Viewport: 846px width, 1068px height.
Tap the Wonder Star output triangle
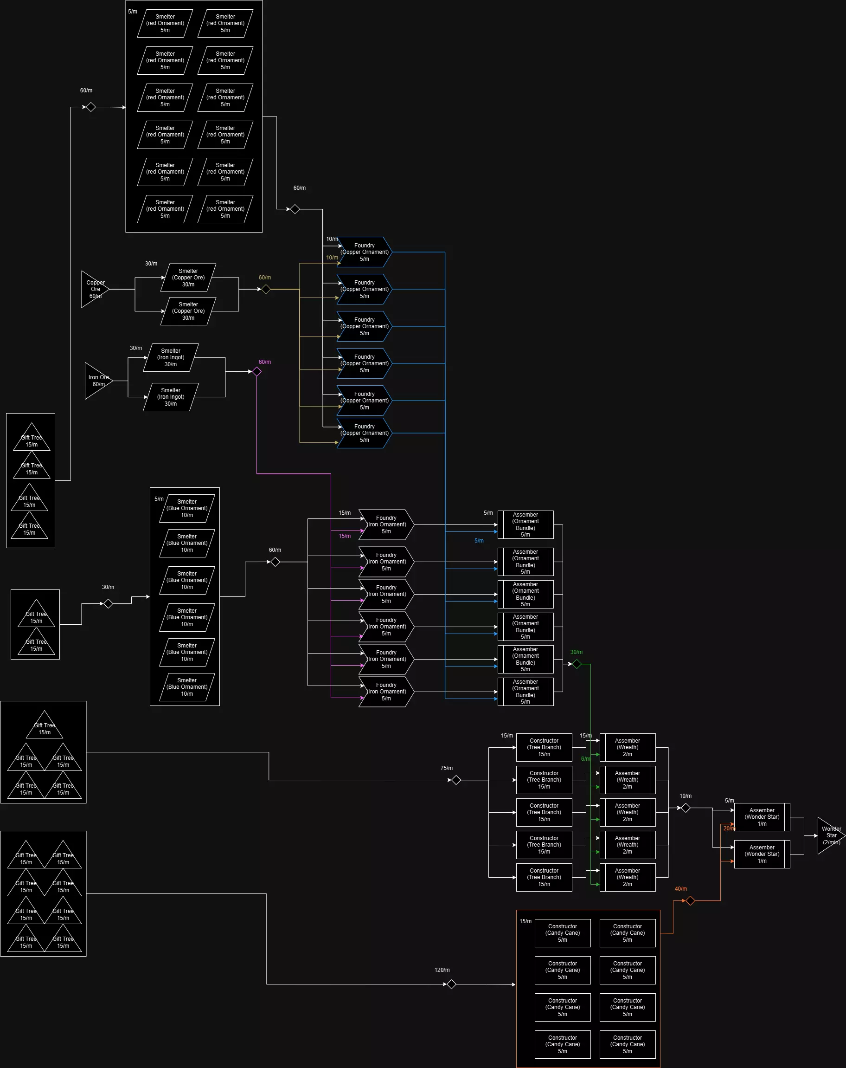[830, 835]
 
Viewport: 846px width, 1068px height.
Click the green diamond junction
[577, 664]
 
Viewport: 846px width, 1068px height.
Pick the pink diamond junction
[256, 371]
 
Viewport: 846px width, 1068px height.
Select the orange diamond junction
[690, 900]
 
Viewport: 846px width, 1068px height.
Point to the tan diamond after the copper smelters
[266, 289]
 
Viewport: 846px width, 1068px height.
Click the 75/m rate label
[447, 768]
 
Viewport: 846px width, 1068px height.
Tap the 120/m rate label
[442, 970]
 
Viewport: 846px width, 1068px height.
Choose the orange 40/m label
[681, 889]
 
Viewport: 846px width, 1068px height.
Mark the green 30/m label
[576, 652]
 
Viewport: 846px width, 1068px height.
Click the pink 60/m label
[265, 362]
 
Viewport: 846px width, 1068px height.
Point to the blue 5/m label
[479, 540]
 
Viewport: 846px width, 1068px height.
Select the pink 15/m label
[345, 536]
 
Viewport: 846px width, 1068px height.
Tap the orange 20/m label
[729, 828]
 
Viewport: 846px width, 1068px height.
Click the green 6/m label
[585, 759]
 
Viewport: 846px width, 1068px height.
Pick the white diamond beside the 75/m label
[456, 780]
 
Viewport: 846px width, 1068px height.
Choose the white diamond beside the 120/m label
[451, 984]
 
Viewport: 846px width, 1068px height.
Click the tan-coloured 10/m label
[332, 258]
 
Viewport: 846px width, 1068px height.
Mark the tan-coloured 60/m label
[265, 278]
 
